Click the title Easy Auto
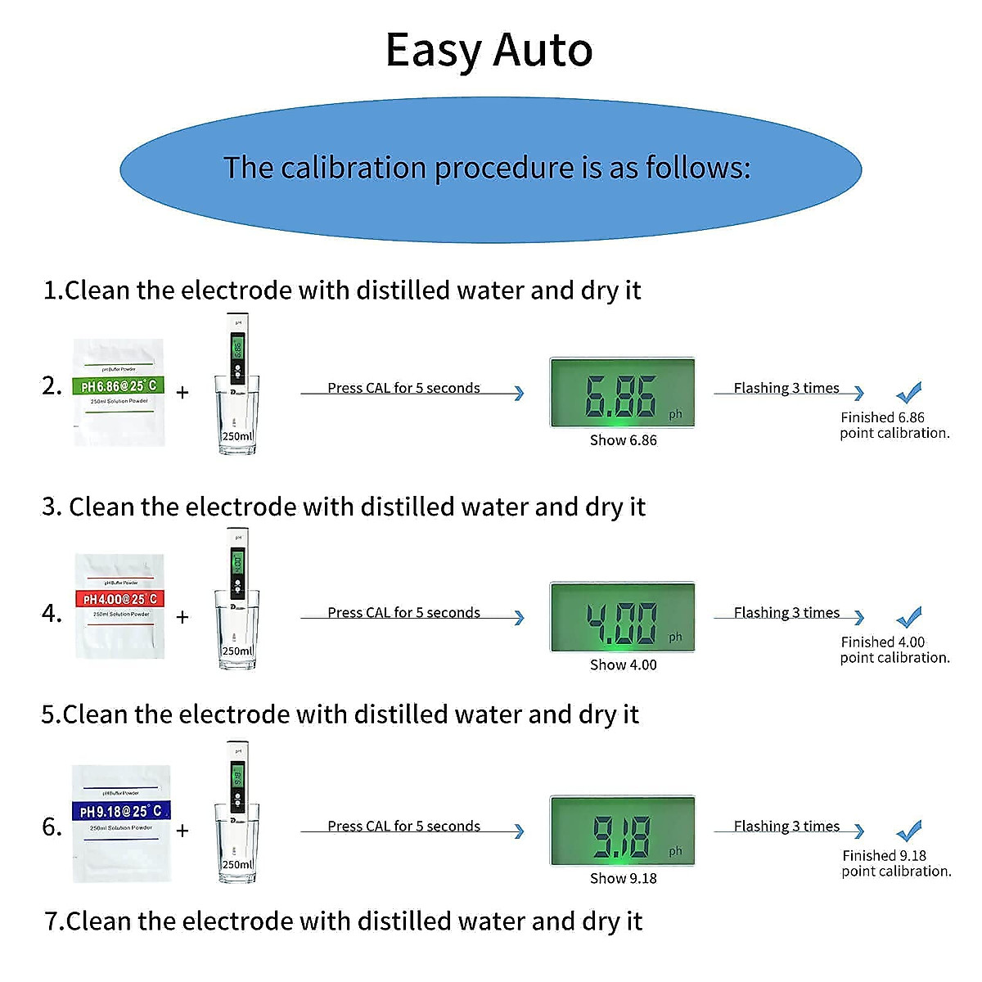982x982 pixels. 489,51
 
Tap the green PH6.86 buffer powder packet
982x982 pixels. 119,392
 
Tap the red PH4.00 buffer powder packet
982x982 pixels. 120,606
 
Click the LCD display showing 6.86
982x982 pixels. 622,393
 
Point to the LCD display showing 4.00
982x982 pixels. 622,617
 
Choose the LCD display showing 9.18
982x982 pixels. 622,831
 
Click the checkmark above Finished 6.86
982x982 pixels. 908,393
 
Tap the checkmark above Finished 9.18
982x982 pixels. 908,831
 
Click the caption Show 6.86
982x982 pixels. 623,440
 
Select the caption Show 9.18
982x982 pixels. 623,878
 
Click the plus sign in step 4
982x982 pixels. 182,617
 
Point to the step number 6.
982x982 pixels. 51,827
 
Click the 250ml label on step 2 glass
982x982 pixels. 237,436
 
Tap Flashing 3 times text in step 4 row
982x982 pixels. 786,612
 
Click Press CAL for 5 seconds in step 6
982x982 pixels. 403,826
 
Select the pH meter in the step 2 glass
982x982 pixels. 237,360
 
